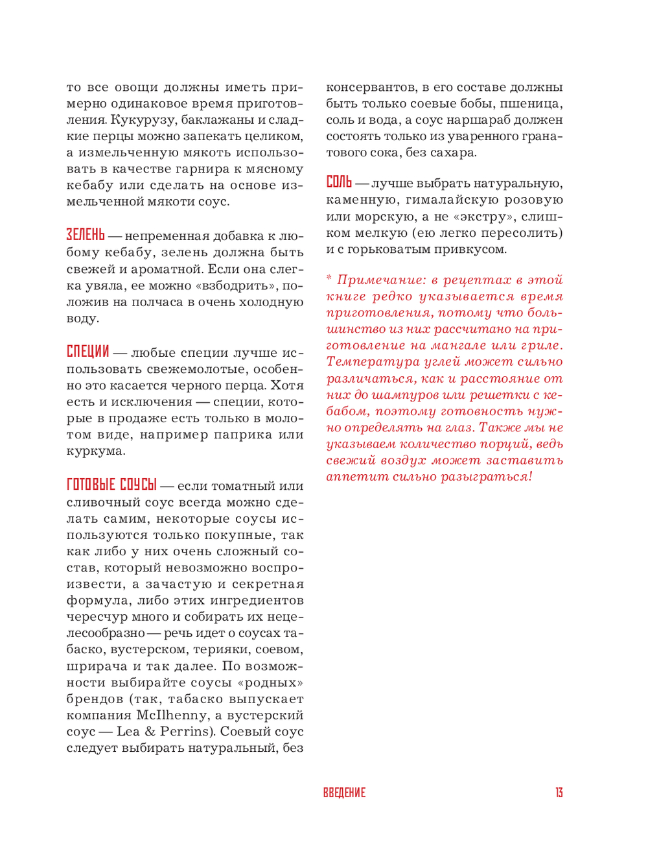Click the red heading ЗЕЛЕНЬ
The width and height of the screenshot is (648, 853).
[85, 235]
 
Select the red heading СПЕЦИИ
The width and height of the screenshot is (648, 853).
[87, 352]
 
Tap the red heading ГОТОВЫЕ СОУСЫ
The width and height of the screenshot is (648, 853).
[111, 485]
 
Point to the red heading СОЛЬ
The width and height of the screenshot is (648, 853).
[339, 182]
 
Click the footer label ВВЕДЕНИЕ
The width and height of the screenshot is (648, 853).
[344, 793]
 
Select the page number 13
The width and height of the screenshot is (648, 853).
[559, 793]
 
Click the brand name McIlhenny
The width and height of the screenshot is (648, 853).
[172, 715]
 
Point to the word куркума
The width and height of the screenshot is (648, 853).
[95, 451]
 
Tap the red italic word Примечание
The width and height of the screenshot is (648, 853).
[381, 280]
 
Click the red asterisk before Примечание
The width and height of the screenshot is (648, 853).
[329, 279]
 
